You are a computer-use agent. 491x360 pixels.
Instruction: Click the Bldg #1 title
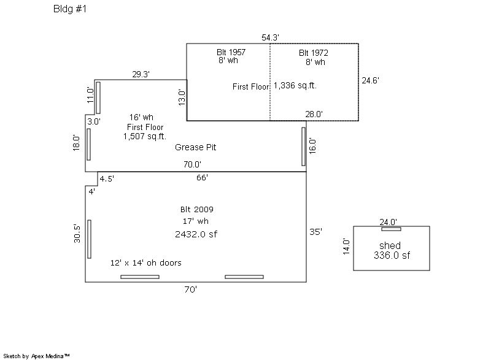(x=70, y=10)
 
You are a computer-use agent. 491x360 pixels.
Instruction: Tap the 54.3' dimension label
(x=271, y=37)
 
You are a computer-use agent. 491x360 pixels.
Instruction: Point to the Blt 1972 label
(x=314, y=53)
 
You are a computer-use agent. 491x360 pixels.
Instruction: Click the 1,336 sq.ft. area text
(x=295, y=86)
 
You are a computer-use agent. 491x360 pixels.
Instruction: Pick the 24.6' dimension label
(x=370, y=80)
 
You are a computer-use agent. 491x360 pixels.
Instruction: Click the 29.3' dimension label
(x=141, y=74)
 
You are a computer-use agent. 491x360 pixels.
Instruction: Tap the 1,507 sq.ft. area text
(x=145, y=136)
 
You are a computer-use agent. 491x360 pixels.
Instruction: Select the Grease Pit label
(x=195, y=147)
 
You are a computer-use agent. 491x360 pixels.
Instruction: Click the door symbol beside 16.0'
(x=304, y=146)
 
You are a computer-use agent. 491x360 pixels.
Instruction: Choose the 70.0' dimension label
(x=191, y=164)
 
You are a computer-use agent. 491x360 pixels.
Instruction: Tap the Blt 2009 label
(x=196, y=209)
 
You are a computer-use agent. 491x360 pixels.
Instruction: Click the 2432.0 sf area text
(x=196, y=234)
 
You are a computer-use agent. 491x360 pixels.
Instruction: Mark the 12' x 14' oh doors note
(x=145, y=262)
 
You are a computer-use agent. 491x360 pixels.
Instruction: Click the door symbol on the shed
(x=391, y=229)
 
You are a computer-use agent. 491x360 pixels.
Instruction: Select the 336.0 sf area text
(x=392, y=256)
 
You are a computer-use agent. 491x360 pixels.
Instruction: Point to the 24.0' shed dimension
(x=388, y=222)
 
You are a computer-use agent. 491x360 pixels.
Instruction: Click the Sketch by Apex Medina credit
(x=37, y=356)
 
